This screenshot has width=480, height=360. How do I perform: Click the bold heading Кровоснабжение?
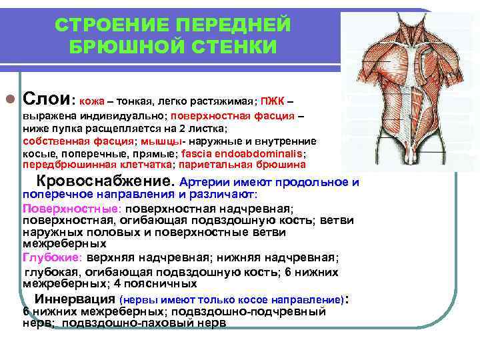click(105, 181)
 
